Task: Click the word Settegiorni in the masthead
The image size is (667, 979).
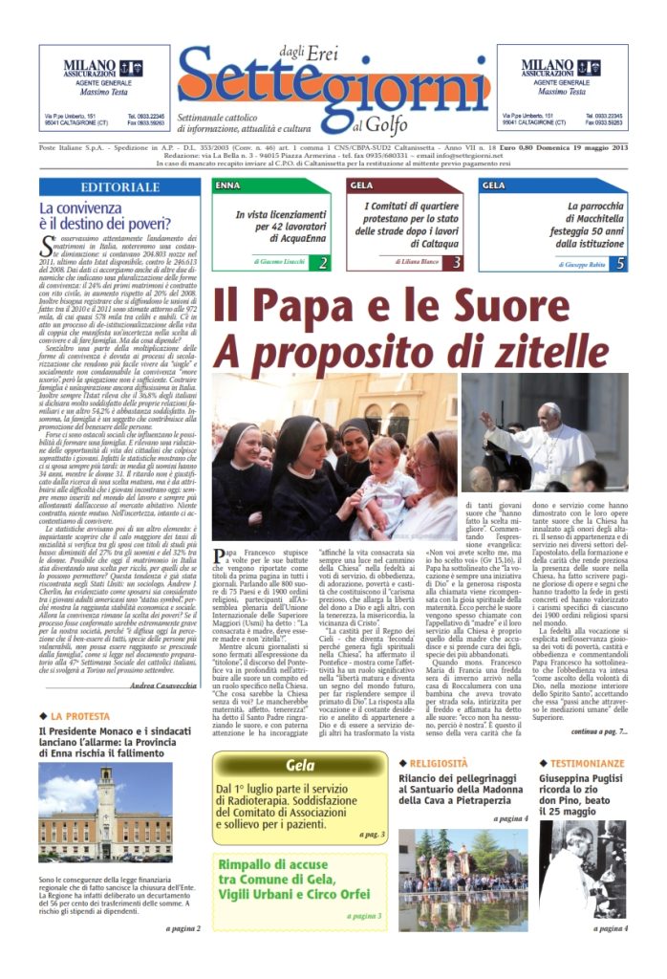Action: pyautogui.click(x=334, y=87)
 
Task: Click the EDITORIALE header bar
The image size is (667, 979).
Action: pyautogui.click(x=119, y=187)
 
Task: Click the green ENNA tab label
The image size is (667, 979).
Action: pyautogui.click(x=229, y=185)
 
